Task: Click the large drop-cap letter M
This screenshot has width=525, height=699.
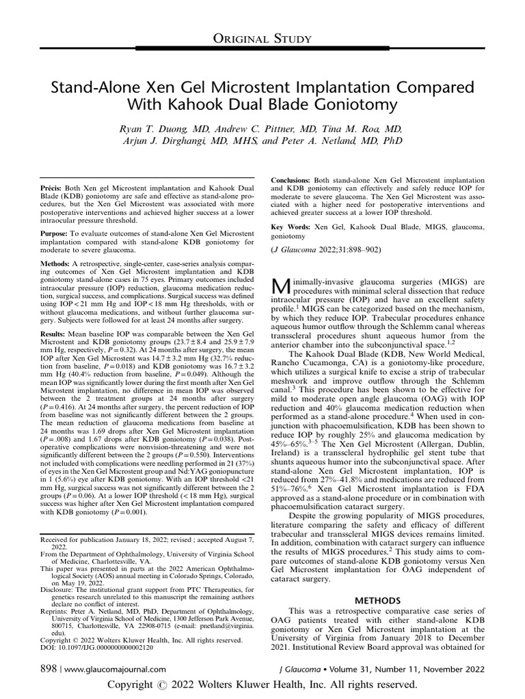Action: pos(282,285)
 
